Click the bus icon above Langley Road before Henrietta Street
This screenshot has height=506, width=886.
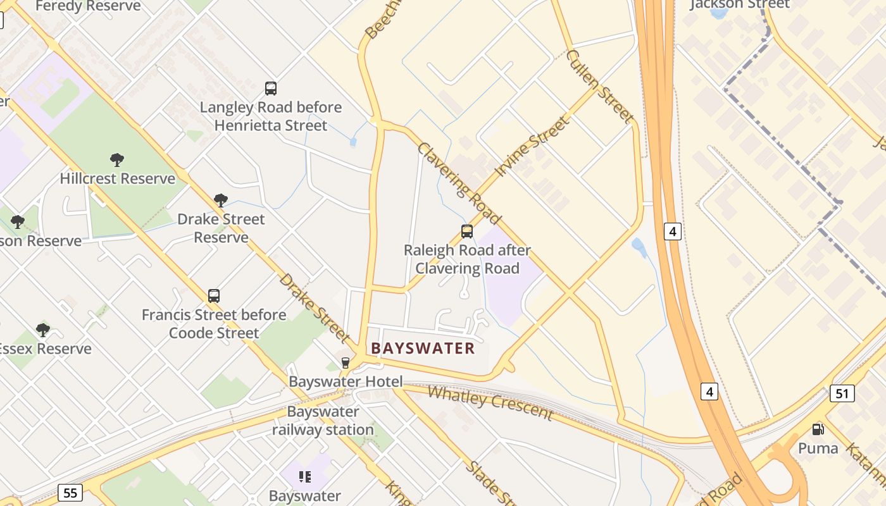pos(271,89)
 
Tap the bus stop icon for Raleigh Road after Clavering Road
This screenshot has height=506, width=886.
pos(467,231)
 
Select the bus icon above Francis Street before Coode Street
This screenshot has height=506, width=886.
pos(214,296)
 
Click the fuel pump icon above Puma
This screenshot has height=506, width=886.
pos(818,429)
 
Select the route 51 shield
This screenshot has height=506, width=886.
pos(842,393)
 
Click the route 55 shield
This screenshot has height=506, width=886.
pos(70,492)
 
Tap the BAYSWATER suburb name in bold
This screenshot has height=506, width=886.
pos(423,349)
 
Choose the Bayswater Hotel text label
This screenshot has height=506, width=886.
pos(346,381)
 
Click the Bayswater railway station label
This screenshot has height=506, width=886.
pos(323,421)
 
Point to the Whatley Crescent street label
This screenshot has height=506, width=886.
pos(490,402)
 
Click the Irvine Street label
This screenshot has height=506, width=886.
pos(532,146)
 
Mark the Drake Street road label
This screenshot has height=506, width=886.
pos(314,307)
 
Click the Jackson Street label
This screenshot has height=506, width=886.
pos(739,4)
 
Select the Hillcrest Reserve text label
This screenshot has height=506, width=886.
pos(118,178)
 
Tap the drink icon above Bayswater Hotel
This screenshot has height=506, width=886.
pos(346,363)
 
